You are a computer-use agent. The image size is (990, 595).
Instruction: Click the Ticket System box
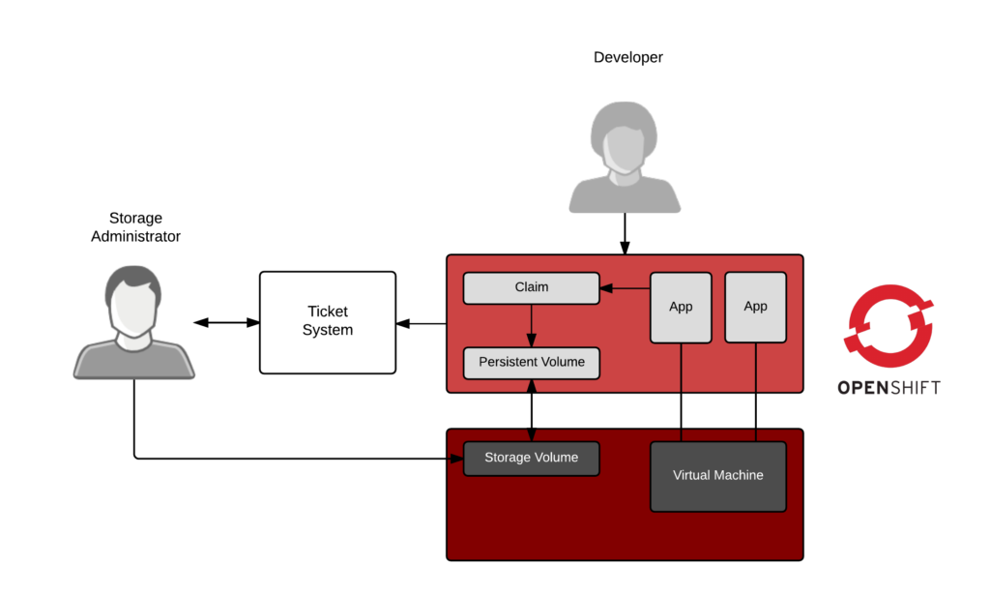[x=327, y=322]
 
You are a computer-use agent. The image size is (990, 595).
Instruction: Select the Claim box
[x=531, y=287]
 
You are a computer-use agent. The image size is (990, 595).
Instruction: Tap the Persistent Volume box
[x=531, y=362]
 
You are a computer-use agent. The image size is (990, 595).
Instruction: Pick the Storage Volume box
[x=531, y=458]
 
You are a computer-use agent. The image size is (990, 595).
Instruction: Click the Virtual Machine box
[x=717, y=476]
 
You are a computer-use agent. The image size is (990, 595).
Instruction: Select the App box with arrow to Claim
[x=681, y=307]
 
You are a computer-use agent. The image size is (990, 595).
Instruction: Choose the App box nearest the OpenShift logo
[x=755, y=307]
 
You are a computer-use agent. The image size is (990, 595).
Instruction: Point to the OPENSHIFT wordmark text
[x=888, y=388]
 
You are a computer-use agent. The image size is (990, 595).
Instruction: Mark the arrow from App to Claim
[x=625, y=287]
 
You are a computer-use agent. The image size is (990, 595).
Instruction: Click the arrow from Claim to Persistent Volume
[x=531, y=325]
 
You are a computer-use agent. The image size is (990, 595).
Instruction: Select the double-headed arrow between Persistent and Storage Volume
[x=531, y=410]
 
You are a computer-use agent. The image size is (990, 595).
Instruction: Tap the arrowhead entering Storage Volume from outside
[x=456, y=458]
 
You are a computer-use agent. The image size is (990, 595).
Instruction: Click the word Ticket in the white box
[x=327, y=312]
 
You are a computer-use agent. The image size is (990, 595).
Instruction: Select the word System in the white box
[x=327, y=330]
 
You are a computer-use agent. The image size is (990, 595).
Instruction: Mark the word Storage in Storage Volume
[x=508, y=458]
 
